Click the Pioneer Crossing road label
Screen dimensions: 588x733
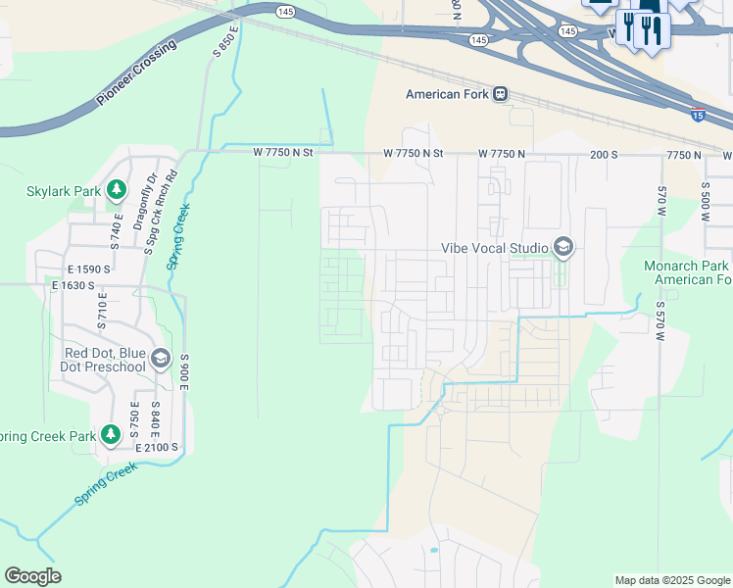(x=137, y=74)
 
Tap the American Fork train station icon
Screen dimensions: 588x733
(x=501, y=94)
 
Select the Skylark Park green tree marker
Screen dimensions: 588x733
(x=117, y=188)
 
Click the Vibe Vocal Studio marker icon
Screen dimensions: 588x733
(x=562, y=247)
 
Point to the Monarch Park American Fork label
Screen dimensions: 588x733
(x=687, y=272)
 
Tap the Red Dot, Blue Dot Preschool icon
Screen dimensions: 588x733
(x=160, y=361)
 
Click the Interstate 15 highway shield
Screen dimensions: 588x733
(x=697, y=114)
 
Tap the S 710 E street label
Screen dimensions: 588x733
(x=101, y=314)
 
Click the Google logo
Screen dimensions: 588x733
(x=32, y=576)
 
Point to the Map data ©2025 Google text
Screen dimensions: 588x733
(x=671, y=580)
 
